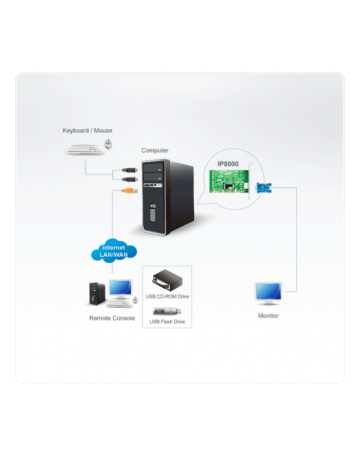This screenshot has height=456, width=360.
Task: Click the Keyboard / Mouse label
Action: pyautogui.click(x=87, y=131)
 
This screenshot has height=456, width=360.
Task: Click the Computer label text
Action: pyautogui.click(x=155, y=151)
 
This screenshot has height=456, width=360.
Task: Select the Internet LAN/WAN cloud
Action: pyautogui.click(x=114, y=252)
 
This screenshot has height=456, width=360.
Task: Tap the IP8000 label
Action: pyautogui.click(x=227, y=164)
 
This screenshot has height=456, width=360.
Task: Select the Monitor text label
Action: pyautogui.click(x=268, y=316)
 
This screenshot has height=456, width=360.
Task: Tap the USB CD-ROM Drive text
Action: pyautogui.click(x=167, y=297)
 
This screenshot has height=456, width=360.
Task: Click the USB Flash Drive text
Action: pyautogui.click(x=167, y=322)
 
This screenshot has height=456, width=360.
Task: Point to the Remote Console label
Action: pyautogui.click(x=112, y=319)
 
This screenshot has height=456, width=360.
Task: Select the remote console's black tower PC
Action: pyautogui.click(x=97, y=295)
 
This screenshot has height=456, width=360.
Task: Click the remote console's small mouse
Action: pyautogui.click(x=135, y=300)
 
